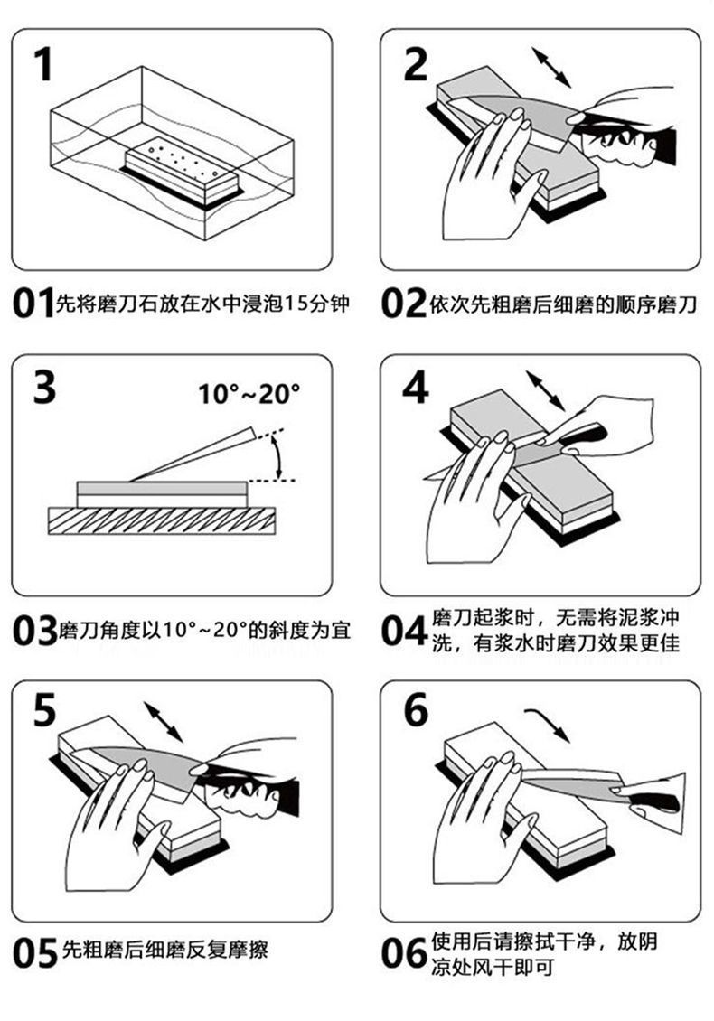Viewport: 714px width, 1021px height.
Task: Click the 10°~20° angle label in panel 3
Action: [249, 394]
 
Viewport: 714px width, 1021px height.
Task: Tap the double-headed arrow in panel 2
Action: [551, 67]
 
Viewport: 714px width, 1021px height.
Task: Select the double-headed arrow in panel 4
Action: [543, 390]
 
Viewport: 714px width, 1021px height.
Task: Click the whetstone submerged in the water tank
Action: [181, 172]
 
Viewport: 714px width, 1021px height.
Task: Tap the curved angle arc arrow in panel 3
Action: [279, 456]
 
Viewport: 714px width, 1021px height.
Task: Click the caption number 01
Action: [33, 304]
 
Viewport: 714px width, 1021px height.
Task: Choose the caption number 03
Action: [34, 630]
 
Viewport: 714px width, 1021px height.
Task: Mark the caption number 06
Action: [403, 952]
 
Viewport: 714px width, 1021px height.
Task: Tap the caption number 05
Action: [34, 952]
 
